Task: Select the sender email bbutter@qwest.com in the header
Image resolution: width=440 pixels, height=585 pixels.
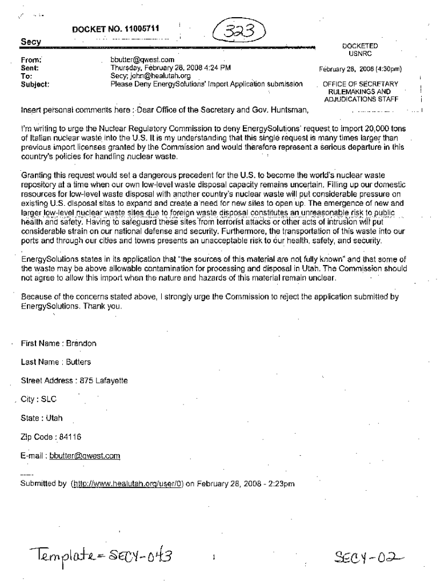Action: pos(138,59)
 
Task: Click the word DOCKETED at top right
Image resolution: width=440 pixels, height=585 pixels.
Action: pos(360,46)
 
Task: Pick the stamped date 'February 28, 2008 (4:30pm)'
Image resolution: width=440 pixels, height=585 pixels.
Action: pos(361,70)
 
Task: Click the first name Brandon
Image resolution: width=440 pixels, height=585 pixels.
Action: pos(81,343)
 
